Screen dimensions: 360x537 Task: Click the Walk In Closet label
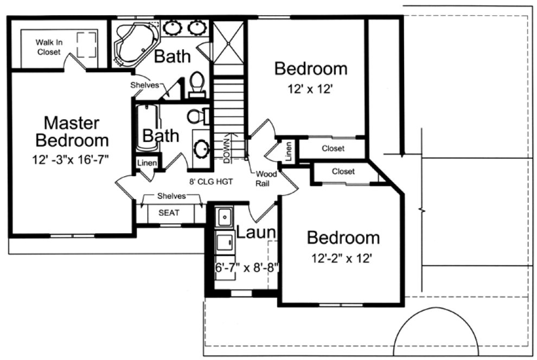48,47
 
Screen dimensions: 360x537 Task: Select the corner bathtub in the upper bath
135,44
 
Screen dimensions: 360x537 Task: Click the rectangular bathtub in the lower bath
146,128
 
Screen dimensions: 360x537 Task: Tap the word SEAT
169,213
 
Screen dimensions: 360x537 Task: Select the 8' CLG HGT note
211,182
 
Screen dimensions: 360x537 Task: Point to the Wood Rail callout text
266,179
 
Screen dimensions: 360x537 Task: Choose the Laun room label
257,234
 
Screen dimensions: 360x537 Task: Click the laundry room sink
223,217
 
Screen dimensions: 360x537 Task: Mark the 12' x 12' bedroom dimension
310,90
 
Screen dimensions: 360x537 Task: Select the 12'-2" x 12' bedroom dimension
341,259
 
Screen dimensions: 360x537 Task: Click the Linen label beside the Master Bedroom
148,163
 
